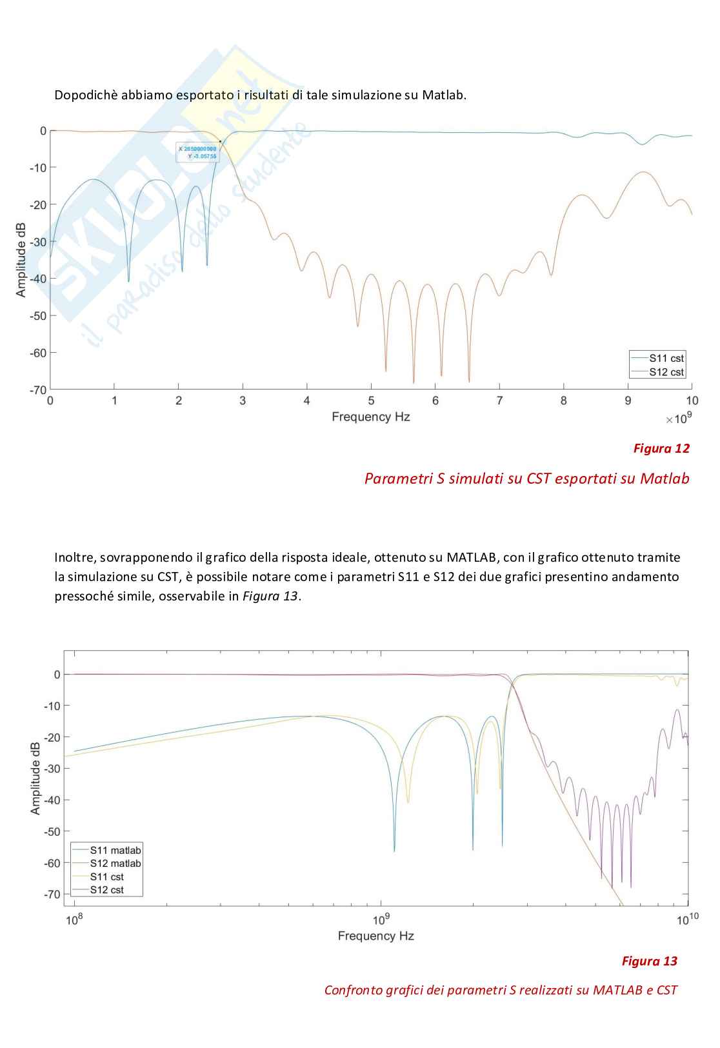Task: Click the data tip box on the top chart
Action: pos(197,152)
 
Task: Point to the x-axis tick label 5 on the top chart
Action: pos(371,401)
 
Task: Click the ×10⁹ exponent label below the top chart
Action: pos(679,420)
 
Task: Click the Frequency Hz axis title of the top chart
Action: pos(370,417)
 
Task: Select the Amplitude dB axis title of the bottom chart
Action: pos(35,778)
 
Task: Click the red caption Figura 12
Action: pos(661,448)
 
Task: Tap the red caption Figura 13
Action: pos(649,961)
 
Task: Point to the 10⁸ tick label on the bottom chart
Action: pos(75,920)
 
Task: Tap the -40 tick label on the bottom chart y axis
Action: pos(52,800)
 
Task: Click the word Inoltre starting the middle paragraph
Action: pos(72,557)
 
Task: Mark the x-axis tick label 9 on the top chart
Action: pos(628,401)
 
